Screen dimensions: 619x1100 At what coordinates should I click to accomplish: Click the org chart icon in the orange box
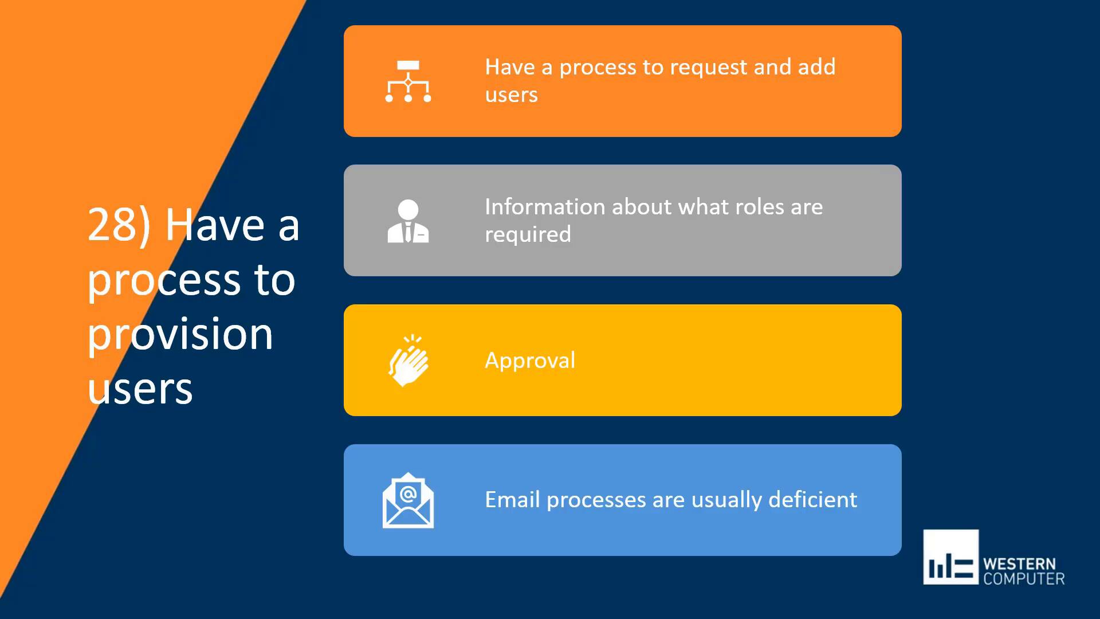coord(408,81)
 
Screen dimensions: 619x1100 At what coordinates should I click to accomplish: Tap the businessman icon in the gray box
coord(408,221)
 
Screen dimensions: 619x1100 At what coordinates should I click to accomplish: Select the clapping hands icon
coord(408,361)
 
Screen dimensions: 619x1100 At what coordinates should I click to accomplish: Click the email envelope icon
coord(408,501)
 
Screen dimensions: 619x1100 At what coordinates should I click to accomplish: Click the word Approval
coord(530,361)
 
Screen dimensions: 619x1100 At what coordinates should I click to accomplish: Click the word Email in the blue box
coord(512,500)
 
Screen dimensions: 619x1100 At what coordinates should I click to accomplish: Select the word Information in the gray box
coord(545,207)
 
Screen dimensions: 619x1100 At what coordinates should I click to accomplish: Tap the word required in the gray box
coord(528,234)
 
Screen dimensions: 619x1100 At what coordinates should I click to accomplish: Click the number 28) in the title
coord(119,225)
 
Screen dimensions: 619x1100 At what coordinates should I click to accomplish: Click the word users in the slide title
coord(140,389)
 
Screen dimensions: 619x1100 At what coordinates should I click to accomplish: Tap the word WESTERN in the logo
coord(1019,563)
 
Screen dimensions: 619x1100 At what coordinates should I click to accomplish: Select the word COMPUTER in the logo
coord(1024,579)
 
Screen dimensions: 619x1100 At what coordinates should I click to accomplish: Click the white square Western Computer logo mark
coord(950,557)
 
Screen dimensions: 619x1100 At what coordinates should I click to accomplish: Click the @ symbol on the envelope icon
coord(408,493)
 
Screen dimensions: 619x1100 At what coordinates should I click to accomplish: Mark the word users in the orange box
coord(511,95)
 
